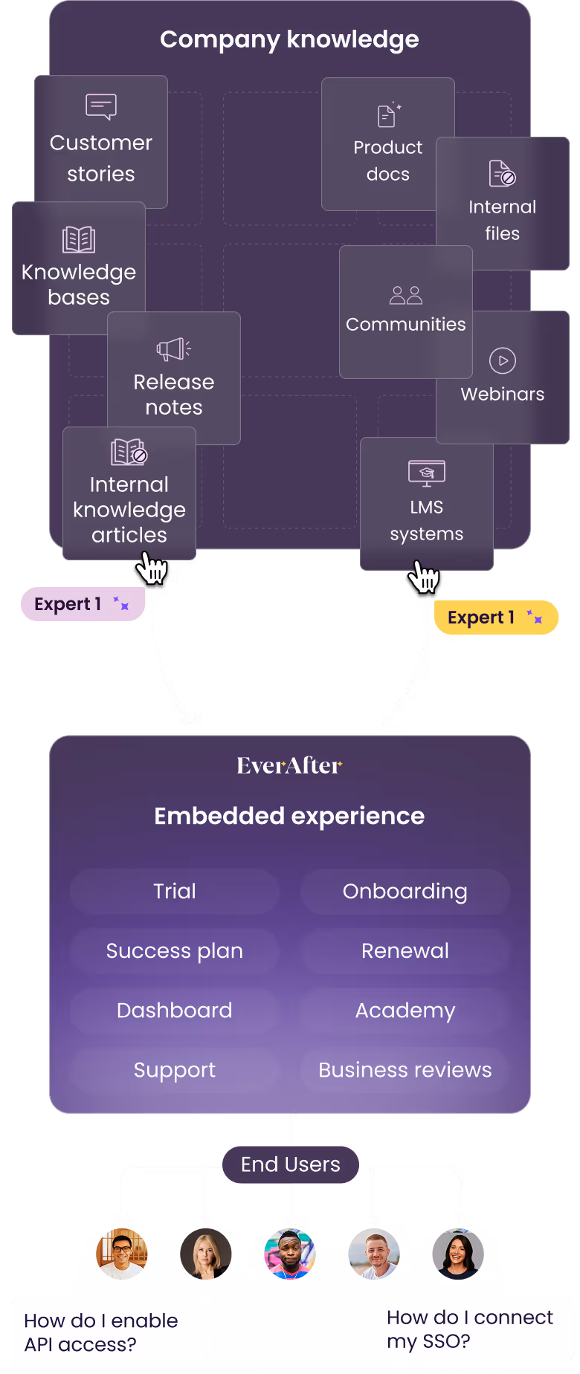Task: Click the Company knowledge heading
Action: point(289,39)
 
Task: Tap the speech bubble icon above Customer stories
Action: point(101,106)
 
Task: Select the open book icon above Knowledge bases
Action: point(79,239)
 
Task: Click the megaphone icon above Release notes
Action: point(174,349)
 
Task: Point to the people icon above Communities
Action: point(406,295)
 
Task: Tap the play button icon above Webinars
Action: point(503,360)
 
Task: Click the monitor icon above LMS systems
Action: point(427,473)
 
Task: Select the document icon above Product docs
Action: point(388,115)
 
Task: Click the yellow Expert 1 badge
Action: point(496,618)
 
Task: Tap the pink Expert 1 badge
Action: point(83,604)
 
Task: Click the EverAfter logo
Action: point(289,765)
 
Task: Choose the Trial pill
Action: point(175,891)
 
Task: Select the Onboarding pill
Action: point(405,891)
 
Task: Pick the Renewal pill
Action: point(405,950)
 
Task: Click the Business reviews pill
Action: point(405,1069)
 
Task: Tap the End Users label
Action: point(290,1164)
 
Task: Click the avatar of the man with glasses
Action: point(122,1254)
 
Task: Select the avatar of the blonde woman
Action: point(206,1254)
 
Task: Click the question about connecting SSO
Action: point(470,1329)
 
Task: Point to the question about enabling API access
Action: point(101,1332)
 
